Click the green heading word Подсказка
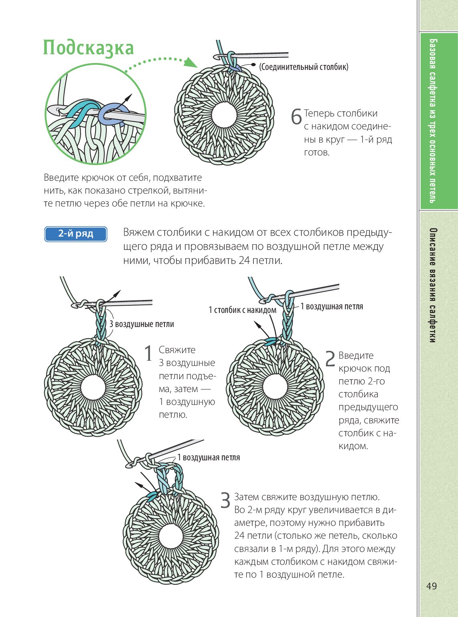click(88, 48)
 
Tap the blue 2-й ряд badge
click(75, 234)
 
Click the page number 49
click(432, 586)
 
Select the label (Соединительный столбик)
click(304, 67)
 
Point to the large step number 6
click(296, 117)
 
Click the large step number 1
click(148, 353)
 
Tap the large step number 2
click(330, 359)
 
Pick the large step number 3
click(225, 501)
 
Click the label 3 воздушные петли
click(142, 324)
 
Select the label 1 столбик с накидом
click(242, 310)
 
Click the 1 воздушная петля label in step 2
click(332, 306)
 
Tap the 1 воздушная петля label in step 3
click(209, 458)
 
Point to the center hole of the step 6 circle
click(224, 115)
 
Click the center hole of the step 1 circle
click(93, 387)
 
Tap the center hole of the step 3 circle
click(171, 535)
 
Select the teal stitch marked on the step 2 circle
click(272, 341)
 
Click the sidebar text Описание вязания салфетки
click(432, 285)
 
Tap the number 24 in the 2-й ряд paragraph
click(244, 260)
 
